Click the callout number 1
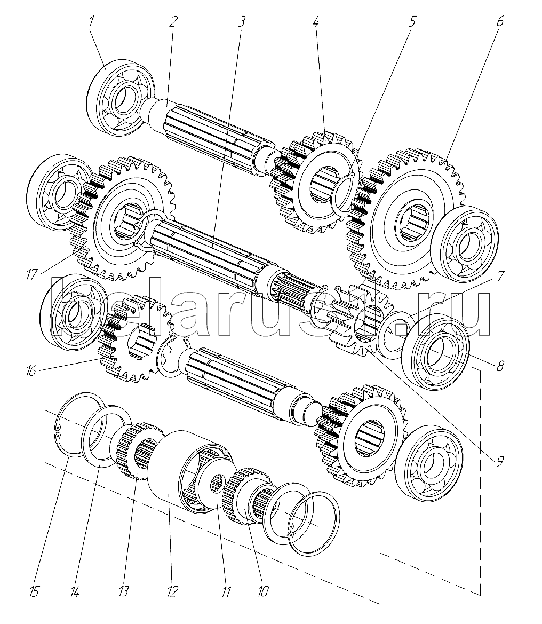[x=91, y=21]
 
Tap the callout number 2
[x=172, y=21]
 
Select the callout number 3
[x=241, y=21]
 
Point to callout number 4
[x=315, y=21]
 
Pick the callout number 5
[x=412, y=21]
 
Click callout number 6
[x=500, y=21]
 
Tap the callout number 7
[x=500, y=276]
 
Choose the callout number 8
[x=500, y=365]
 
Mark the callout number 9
[x=500, y=461]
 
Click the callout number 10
[x=263, y=591]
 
